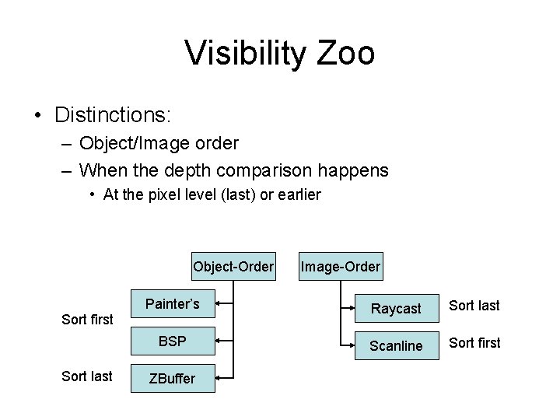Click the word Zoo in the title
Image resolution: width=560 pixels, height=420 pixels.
(345, 54)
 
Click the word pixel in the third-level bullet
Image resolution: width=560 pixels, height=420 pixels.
(159, 195)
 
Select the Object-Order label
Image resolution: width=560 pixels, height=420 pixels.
(233, 267)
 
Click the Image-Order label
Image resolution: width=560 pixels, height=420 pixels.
(341, 267)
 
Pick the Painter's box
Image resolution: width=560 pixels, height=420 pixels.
(173, 304)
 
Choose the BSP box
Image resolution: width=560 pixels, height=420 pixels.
(173, 341)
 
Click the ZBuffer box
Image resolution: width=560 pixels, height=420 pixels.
(173, 377)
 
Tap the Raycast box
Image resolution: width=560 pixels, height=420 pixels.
(396, 309)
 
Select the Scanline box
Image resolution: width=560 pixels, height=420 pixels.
(396, 345)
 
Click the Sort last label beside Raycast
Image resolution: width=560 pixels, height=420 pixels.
(474, 306)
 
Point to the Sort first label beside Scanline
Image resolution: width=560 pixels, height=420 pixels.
(474, 343)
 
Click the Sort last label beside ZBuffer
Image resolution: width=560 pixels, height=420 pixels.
(87, 376)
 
